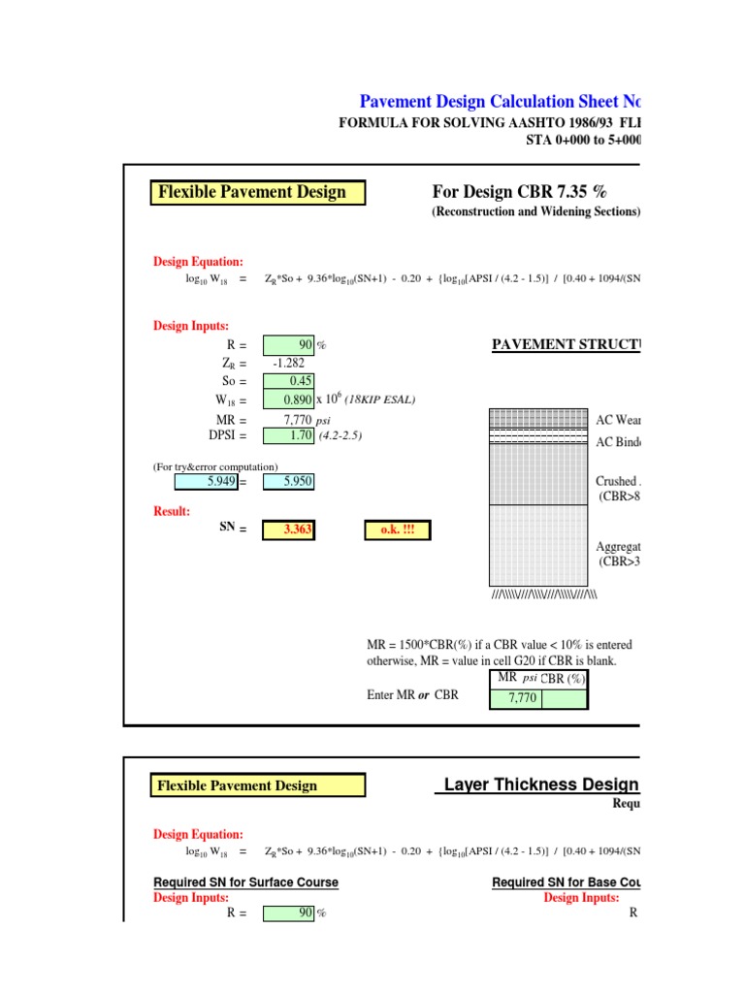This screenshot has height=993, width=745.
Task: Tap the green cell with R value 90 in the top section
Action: click(287, 344)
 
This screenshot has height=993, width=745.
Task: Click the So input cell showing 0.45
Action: click(287, 381)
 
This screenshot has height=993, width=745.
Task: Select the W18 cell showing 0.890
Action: click(287, 400)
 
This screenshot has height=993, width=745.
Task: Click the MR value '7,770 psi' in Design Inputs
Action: click(301, 420)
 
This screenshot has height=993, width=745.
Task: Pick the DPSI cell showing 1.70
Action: click(287, 436)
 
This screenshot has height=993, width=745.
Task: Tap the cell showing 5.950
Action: click(287, 481)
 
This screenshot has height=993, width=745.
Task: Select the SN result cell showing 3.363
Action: click(287, 529)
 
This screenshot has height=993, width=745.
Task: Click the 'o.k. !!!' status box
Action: click(398, 529)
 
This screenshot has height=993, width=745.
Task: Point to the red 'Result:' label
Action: click(172, 510)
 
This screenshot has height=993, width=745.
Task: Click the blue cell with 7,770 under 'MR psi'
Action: click(515, 697)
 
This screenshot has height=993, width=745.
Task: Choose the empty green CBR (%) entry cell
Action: click(564, 697)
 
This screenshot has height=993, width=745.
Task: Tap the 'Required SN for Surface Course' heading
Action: click(246, 882)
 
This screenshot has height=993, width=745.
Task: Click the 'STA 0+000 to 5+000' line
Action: click(581, 139)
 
